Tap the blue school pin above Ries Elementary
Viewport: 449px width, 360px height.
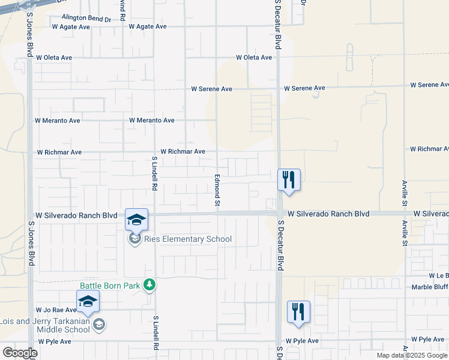click(136, 220)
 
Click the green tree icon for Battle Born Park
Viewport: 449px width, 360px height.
click(149, 286)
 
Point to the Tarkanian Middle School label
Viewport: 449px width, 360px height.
click(46, 325)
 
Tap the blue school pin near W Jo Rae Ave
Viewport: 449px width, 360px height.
click(88, 302)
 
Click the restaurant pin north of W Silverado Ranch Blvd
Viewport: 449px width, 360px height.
click(289, 179)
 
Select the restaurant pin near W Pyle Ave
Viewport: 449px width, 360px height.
click(298, 311)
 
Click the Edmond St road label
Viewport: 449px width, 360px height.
click(217, 192)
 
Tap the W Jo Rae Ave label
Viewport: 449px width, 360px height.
click(55, 310)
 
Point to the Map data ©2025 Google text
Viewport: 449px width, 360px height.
click(412, 355)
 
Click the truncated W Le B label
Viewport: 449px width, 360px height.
click(438, 276)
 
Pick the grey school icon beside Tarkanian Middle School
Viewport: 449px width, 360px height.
click(99, 325)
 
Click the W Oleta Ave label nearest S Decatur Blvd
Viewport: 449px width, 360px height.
click(254, 58)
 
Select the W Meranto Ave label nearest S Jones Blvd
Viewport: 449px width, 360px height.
click(58, 121)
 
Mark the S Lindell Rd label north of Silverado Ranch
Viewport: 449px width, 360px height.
click(154, 173)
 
